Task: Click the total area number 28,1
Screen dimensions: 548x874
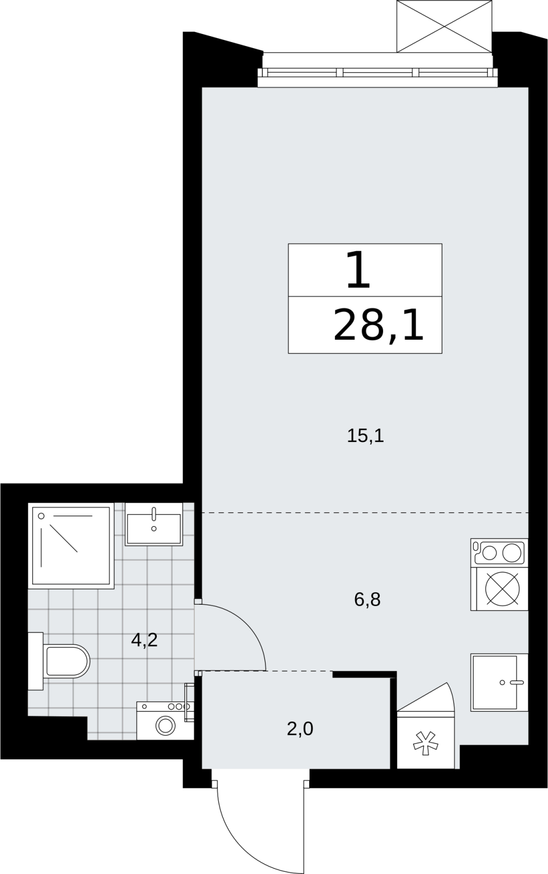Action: click(x=378, y=324)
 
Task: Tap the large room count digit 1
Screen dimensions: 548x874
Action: click(x=358, y=270)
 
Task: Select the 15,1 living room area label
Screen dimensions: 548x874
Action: click(x=366, y=435)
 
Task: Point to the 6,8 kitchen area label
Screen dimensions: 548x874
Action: click(x=367, y=599)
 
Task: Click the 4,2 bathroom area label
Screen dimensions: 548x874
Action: click(x=144, y=640)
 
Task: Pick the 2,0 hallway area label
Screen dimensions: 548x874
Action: click(x=300, y=729)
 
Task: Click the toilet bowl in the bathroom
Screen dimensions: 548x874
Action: click(x=66, y=661)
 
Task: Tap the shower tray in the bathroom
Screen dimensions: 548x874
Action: click(x=71, y=546)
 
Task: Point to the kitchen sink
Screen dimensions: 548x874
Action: click(x=499, y=682)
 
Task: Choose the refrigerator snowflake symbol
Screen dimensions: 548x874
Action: click(x=426, y=743)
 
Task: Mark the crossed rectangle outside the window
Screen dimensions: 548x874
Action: click(x=444, y=26)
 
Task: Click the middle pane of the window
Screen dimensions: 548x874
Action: click(x=378, y=73)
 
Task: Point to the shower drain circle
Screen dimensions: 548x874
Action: click(x=42, y=516)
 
